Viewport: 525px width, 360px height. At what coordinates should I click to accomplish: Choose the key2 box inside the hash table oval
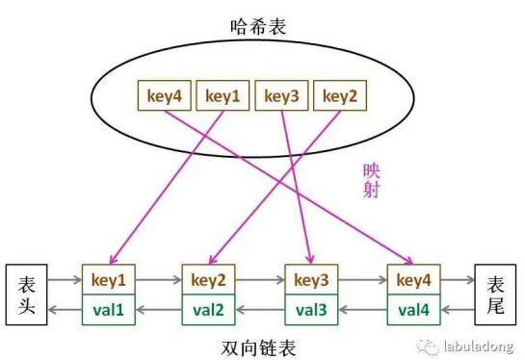coord(342,95)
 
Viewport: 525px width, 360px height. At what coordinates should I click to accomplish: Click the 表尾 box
coord(497,294)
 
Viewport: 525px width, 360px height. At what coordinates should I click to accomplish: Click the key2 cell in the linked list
coord(210,280)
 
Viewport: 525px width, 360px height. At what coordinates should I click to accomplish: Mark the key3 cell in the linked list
coord(310,280)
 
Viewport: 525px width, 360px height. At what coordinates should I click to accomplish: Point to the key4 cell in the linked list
coord(412,280)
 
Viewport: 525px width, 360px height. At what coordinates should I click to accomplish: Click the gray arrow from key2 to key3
coord(260,280)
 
